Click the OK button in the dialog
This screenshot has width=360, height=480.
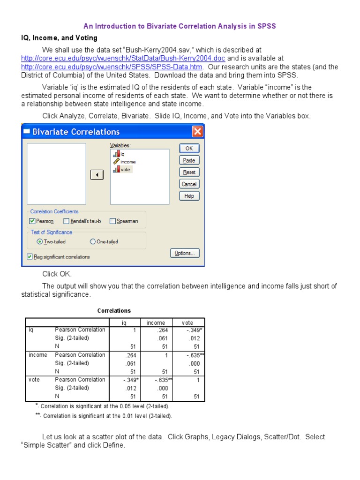[189, 148]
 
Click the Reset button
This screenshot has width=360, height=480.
[189, 172]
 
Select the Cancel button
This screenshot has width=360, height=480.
[189, 184]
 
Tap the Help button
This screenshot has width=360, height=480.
[189, 196]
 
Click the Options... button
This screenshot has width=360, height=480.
[185, 253]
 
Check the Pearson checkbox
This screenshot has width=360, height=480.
[32, 221]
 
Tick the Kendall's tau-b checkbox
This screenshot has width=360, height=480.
[67, 221]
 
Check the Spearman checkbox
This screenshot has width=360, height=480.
[112, 221]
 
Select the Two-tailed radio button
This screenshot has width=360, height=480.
[39, 242]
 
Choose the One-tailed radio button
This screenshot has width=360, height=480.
[92, 242]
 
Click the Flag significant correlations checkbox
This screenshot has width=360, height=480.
[30, 256]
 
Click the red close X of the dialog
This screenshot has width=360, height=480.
[198, 131]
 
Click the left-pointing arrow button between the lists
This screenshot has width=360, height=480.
[97, 175]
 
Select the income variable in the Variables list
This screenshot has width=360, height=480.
[127, 162]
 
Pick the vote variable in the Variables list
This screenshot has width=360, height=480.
[125, 170]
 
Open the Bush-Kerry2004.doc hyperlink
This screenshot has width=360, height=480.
[123, 59]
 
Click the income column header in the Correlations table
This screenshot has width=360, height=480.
[156, 322]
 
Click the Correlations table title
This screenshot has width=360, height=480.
[114, 311]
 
